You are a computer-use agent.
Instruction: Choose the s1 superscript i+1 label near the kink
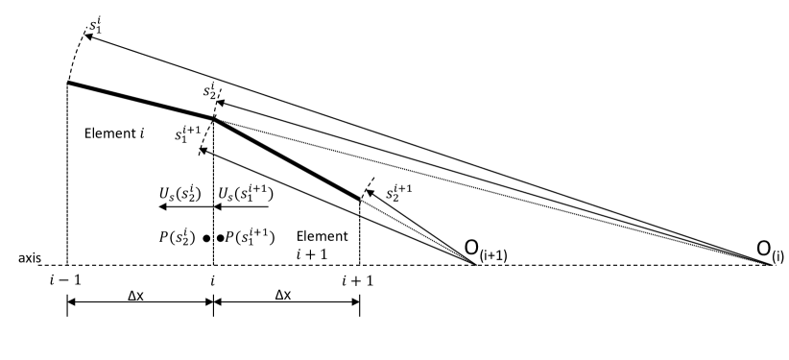(x=188, y=135)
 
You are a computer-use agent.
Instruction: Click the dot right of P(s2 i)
(x=206, y=236)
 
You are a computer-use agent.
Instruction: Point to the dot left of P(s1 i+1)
(x=220, y=236)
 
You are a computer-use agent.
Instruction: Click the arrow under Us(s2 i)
(x=177, y=205)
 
